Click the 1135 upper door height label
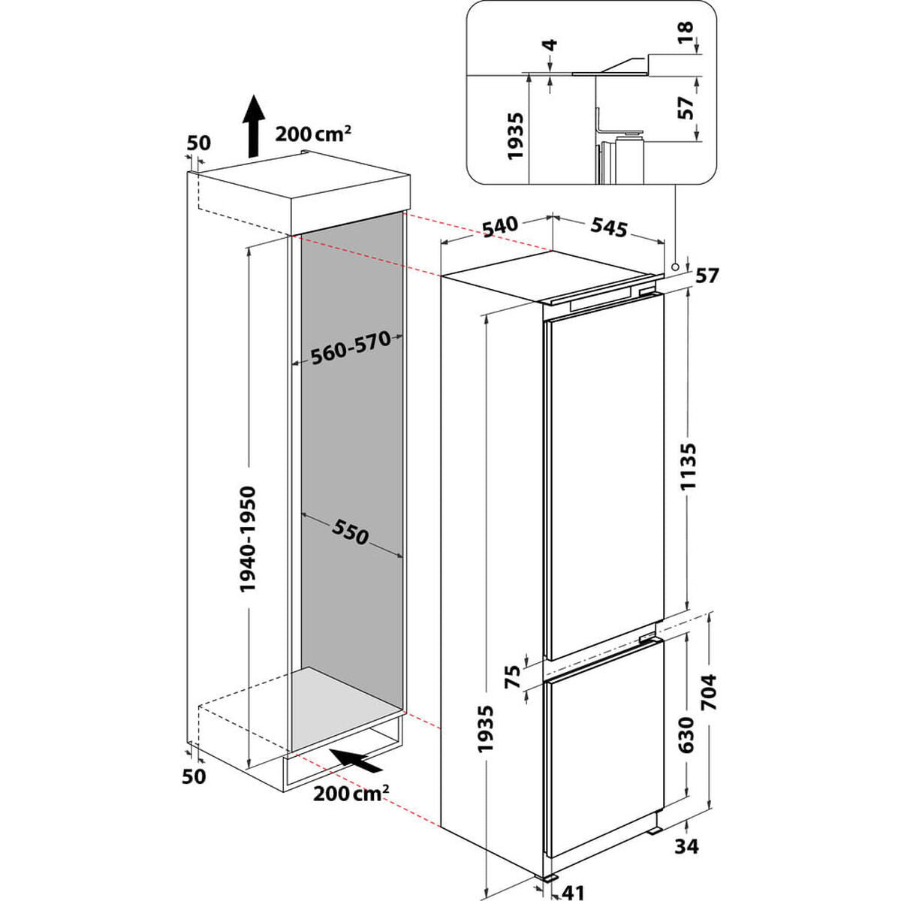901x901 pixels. [x=690, y=466]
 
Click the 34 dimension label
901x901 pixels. [x=686, y=846]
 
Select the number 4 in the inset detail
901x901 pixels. [x=551, y=45]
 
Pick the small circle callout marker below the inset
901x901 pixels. [x=676, y=267]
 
